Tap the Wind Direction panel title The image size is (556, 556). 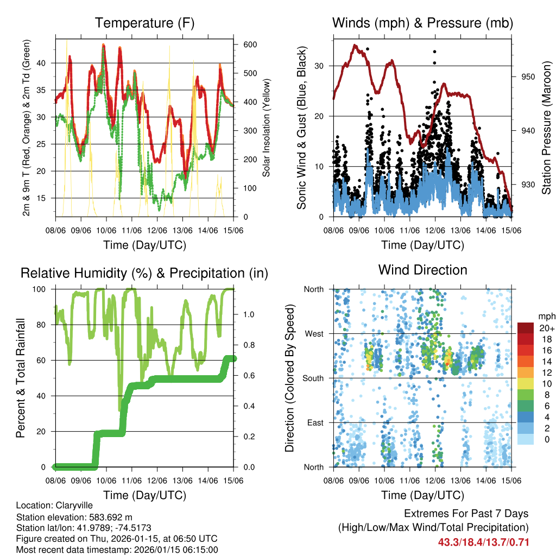(422, 270)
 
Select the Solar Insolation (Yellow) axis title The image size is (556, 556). (267, 128)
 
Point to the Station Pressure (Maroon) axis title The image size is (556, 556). (546, 128)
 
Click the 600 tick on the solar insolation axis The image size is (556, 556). (250, 45)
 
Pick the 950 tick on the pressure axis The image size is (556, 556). (528, 77)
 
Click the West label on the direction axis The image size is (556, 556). (313, 333)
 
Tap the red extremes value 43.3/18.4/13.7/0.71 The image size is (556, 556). (483, 542)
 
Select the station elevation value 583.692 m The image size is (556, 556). (106, 517)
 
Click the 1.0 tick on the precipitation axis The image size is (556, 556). (248, 314)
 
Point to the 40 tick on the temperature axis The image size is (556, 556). (46, 63)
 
